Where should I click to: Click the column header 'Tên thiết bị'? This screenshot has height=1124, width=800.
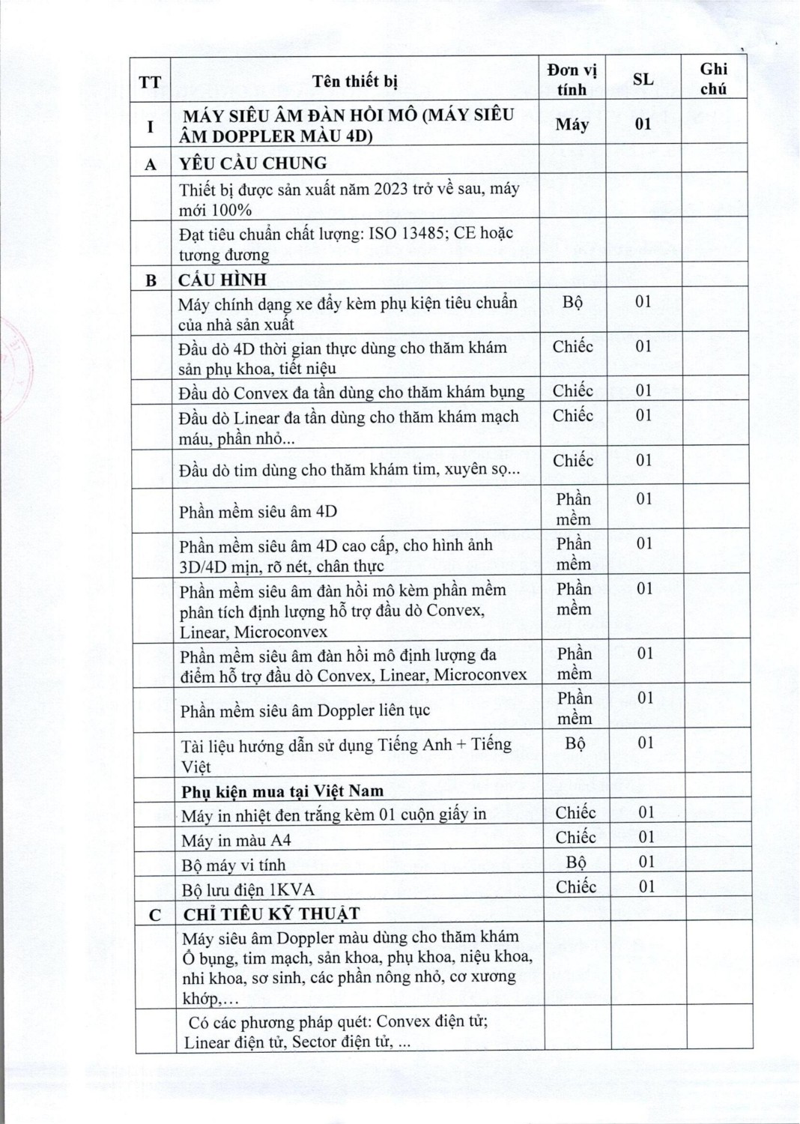click(x=354, y=81)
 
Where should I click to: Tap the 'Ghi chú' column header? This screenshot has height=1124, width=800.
click(x=713, y=79)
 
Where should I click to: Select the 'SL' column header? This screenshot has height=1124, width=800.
click(x=643, y=79)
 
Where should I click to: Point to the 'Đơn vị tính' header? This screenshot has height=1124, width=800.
click(x=572, y=79)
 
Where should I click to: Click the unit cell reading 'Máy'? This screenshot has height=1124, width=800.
click(x=572, y=124)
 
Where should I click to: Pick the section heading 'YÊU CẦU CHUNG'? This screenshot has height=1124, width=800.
click(x=252, y=163)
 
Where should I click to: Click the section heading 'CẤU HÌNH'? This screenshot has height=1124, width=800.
click(x=222, y=280)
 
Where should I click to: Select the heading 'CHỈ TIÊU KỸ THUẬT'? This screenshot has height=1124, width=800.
click(x=271, y=914)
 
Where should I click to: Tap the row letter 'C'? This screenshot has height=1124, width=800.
click(x=155, y=915)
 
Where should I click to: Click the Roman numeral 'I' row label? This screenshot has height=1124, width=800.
click(x=150, y=126)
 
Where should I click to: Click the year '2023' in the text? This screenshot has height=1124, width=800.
click(x=390, y=189)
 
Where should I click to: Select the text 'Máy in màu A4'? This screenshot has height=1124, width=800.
click(x=236, y=841)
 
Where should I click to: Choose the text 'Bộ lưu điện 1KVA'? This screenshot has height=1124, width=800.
click(x=248, y=890)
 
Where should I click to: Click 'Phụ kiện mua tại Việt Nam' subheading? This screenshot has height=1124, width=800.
click(x=282, y=791)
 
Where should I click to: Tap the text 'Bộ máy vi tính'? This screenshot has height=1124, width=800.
click(x=233, y=865)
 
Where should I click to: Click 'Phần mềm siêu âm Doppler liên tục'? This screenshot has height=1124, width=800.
click(x=305, y=710)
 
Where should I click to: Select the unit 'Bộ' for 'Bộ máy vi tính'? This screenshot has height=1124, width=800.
click(x=576, y=862)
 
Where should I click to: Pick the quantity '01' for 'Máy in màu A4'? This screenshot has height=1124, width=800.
click(x=646, y=837)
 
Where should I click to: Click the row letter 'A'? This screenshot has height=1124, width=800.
click(x=151, y=165)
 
